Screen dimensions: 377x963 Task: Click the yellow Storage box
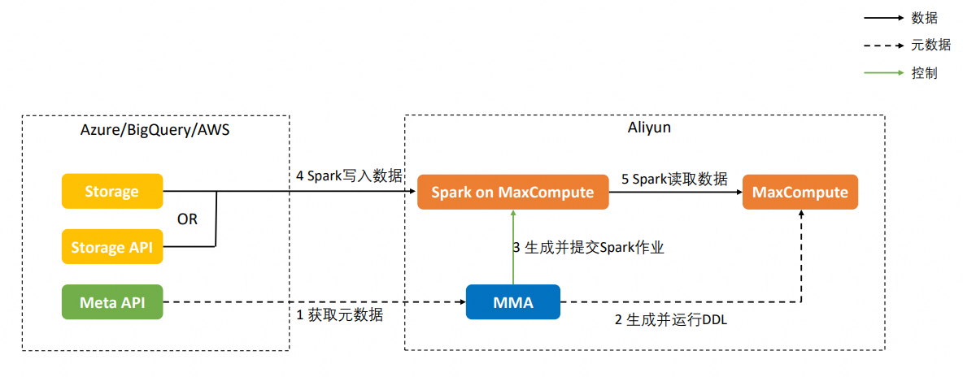point(112,192)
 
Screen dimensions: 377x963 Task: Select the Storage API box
point(112,246)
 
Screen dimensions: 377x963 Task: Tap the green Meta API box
point(112,302)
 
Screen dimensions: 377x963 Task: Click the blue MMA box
point(512,302)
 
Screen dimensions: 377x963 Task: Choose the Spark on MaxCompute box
point(512,193)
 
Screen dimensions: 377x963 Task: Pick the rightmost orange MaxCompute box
point(800,193)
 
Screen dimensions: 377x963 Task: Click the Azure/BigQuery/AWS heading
point(155,130)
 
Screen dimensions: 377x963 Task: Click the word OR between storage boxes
point(187,219)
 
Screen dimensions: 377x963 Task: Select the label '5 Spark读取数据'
point(674,179)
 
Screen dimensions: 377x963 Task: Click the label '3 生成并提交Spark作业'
point(588,248)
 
